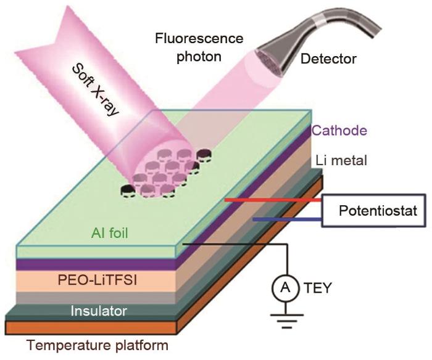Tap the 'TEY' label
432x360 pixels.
(319, 287)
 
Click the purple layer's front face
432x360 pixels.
(93, 263)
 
